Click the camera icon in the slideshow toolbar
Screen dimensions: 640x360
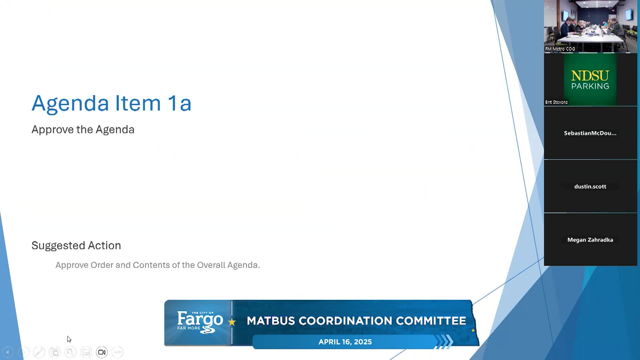[x=102, y=352]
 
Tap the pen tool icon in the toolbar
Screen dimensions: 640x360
[x=39, y=352]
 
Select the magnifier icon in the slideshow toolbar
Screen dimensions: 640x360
[x=70, y=352]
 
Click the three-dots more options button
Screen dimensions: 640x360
[x=118, y=352]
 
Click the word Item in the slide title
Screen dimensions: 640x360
[x=138, y=103]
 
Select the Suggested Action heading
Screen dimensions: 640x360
[x=76, y=245]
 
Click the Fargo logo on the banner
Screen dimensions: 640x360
[x=200, y=322]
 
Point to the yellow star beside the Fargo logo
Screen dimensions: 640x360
[x=232, y=322]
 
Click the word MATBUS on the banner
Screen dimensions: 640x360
[x=271, y=321]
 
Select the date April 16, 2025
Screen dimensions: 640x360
[x=345, y=342]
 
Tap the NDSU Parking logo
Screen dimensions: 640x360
[x=590, y=80]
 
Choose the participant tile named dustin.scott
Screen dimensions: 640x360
[x=591, y=186]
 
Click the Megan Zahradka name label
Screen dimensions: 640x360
[x=590, y=240]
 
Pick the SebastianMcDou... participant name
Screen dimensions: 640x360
[x=590, y=133]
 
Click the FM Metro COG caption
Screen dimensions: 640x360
[x=560, y=49]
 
